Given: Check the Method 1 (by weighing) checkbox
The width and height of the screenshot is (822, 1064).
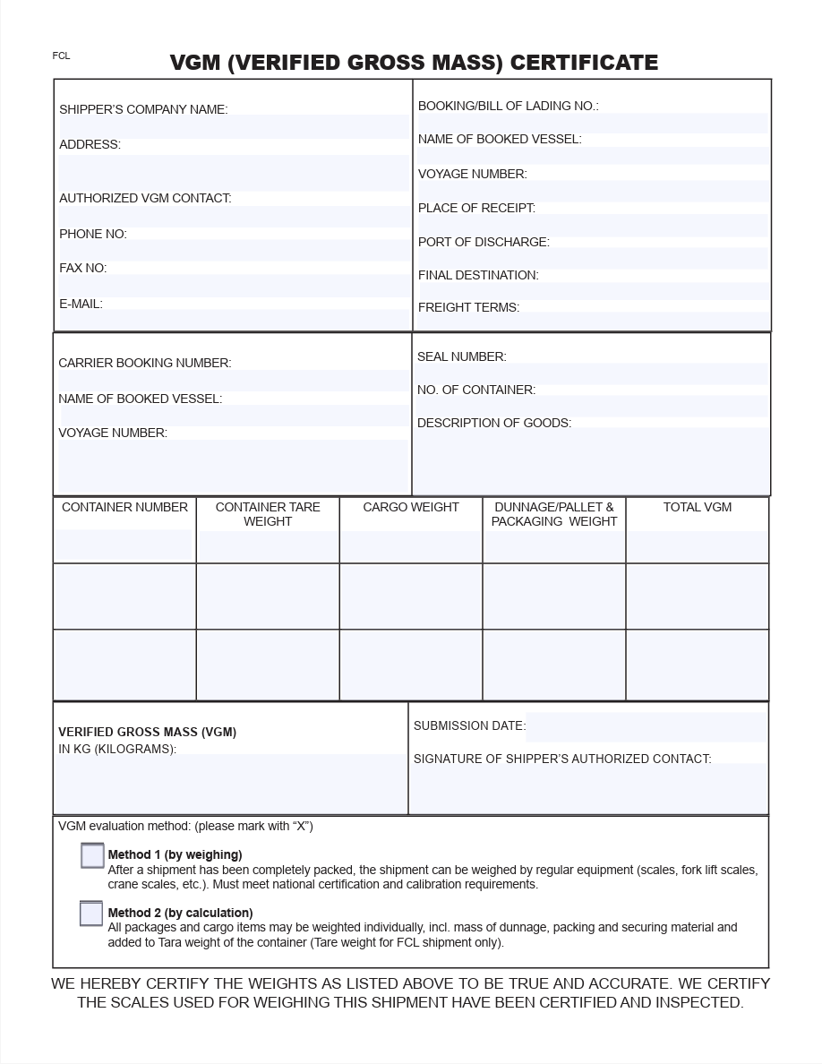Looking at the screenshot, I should click(x=92, y=855).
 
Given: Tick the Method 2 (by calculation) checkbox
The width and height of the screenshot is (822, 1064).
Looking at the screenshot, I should click(x=91, y=913).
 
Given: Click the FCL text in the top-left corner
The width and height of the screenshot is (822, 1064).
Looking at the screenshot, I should click(x=61, y=56).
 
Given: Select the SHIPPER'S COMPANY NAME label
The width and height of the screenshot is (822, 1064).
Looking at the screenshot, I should click(x=143, y=109).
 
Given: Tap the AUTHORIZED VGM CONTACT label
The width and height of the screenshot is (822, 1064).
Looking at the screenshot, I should click(x=145, y=198).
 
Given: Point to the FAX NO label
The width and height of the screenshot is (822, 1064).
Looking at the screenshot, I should click(x=82, y=268).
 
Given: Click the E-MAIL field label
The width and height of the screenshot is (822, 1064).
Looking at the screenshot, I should click(x=81, y=304).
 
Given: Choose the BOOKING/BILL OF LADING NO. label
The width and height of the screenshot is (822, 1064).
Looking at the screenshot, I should click(x=508, y=106).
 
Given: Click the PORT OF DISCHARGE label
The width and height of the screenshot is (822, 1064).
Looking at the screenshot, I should click(x=484, y=242).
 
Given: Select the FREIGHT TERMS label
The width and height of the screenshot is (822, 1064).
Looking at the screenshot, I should click(x=468, y=307).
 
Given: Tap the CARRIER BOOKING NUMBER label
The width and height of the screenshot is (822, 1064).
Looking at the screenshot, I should click(x=144, y=363).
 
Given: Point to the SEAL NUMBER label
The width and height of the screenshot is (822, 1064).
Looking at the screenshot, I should click(x=461, y=356).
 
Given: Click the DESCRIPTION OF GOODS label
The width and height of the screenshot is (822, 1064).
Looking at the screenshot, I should click(x=493, y=423).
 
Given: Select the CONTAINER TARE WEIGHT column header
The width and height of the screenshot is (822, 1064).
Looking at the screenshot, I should click(x=268, y=514).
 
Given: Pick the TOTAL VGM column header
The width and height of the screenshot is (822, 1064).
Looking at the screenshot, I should click(x=697, y=507).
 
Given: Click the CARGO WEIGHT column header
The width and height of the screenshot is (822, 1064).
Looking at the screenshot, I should click(x=411, y=507).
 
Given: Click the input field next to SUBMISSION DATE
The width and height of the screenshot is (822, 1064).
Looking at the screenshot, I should click(x=646, y=727).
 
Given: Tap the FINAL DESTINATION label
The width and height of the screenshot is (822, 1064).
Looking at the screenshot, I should click(x=478, y=275).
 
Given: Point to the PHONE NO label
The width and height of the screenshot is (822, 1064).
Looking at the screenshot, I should click(x=93, y=234).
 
